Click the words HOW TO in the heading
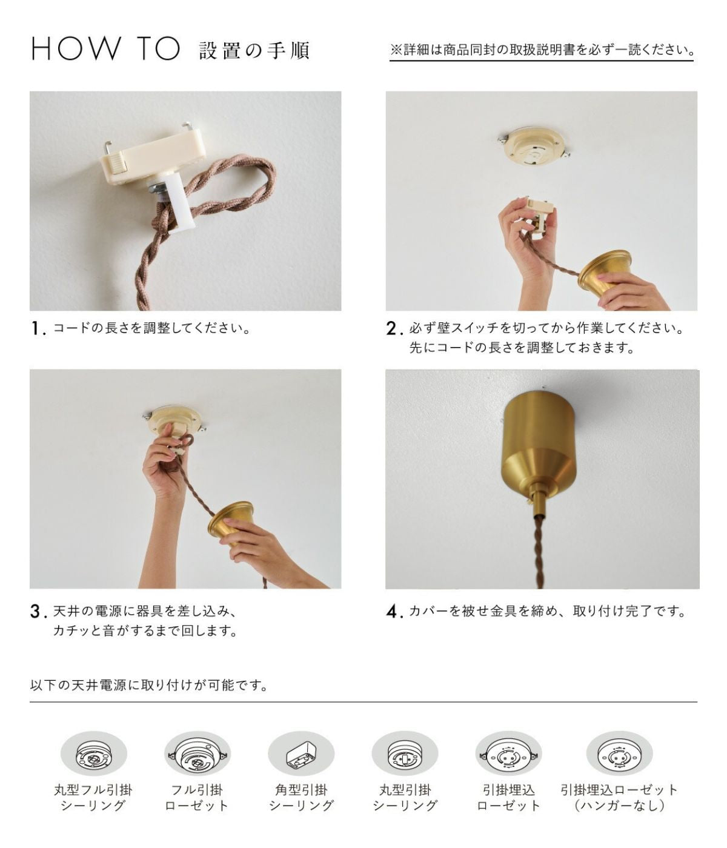point(106,49)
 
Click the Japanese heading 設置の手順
point(254,50)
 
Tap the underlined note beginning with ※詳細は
point(541,50)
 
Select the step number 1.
point(38,329)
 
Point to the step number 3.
point(39,612)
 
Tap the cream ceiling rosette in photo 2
point(533,148)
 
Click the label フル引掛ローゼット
point(197,798)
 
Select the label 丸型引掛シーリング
point(405,798)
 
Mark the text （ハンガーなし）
point(619,806)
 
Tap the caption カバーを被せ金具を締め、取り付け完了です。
point(548,612)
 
